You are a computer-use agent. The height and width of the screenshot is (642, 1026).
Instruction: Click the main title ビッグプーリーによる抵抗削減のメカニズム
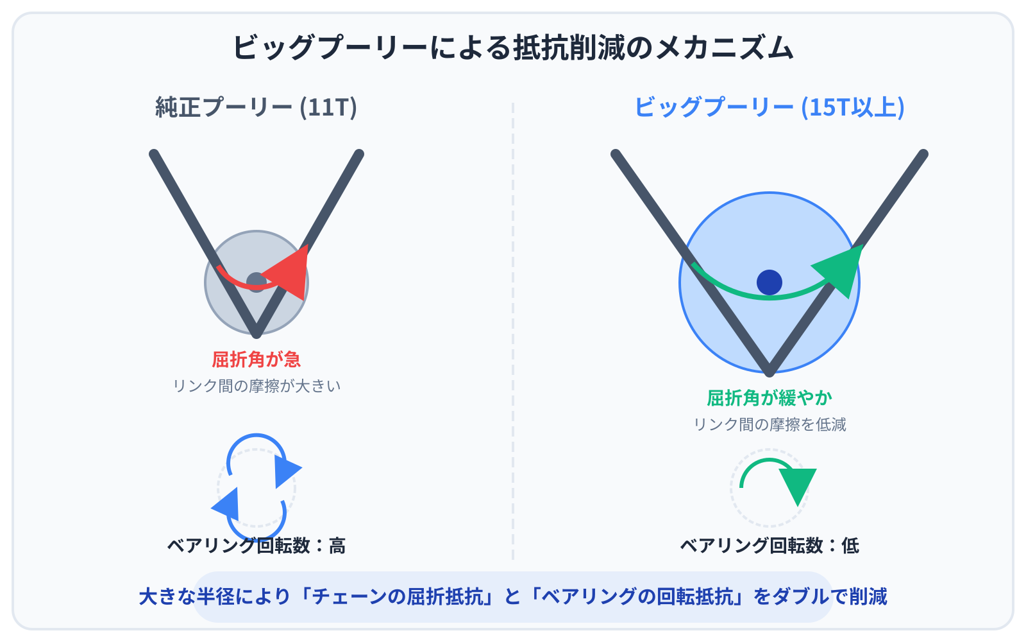pyautogui.click(x=513, y=48)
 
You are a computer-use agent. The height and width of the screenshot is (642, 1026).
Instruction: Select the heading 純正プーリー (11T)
pyautogui.click(x=256, y=107)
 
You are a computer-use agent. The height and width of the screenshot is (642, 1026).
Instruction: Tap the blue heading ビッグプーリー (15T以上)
pyautogui.click(x=769, y=107)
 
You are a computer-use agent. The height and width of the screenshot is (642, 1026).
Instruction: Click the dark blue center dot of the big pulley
pyautogui.click(x=769, y=282)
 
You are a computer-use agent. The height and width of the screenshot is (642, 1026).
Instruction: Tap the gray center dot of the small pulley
pyautogui.click(x=256, y=282)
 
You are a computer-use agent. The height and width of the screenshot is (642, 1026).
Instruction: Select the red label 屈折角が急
pyautogui.click(x=256, y=360)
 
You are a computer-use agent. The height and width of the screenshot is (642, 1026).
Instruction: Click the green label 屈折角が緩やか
pyautogui.click(x=769, y=398)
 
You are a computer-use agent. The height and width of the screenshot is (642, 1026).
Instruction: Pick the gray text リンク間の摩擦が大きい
pyautogui.click(x=256, y=386)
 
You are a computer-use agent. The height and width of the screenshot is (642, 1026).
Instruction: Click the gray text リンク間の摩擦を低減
pyautogui.click(x=769, y=424)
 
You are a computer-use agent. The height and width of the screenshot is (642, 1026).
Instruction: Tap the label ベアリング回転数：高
pyautogui.click(x=256, y=546)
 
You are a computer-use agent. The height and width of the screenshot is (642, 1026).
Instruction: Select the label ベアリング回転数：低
pyautogui.click(x=769, y=546)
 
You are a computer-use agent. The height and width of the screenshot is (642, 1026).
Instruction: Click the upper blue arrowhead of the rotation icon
pyautogui.click(x=285, y=471)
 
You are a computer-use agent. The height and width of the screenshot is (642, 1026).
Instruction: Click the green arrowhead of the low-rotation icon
pyautogui.click(x=798, y=484)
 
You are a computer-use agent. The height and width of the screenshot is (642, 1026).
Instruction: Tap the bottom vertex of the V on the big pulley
pyautogui.click(x=769, y=370)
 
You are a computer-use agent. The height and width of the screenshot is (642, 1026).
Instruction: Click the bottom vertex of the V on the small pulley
pyautogui.click(x=256, y=333)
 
